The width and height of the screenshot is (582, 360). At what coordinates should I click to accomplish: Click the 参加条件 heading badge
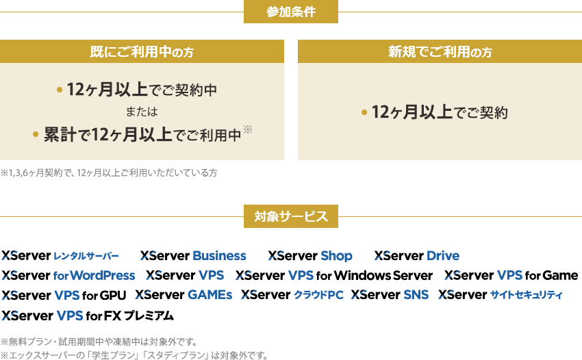291,12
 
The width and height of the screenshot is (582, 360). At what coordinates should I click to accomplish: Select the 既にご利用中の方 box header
142,51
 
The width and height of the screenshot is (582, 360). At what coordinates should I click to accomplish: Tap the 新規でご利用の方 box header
440,51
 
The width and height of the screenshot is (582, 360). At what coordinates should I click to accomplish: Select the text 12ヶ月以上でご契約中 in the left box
142,90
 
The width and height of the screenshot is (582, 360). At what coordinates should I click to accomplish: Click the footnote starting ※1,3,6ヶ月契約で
109,172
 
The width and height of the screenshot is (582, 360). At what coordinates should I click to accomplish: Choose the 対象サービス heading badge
291,217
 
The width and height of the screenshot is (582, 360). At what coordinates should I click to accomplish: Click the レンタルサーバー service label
86,256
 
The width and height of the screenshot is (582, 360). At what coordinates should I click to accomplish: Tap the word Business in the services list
219,256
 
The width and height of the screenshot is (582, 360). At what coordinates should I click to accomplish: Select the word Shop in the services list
336,256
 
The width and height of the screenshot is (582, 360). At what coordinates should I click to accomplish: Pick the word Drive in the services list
442,256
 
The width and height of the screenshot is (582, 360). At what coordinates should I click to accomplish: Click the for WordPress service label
94,277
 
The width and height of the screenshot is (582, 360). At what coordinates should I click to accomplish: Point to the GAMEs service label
210,296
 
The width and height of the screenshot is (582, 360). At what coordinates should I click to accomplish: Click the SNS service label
416,296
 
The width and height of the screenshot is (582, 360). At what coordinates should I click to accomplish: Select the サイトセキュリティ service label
526,296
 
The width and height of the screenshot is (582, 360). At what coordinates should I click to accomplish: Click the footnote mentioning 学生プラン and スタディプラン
134,355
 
